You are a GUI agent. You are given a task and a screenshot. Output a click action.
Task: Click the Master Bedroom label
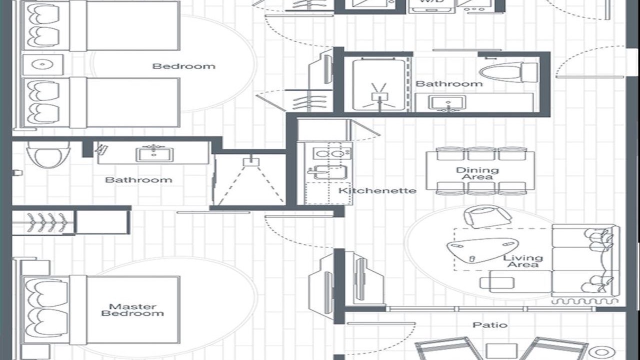pyautogui.click(x=132, y=310)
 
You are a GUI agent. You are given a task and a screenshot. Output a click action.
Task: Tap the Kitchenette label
pyautogui.click(x=377, y=190)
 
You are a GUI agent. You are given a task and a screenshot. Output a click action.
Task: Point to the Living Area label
pyautogui.click(x=523, y=261)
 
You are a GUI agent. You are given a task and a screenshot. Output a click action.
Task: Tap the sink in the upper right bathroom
pyautogui.click(x=447, y=103)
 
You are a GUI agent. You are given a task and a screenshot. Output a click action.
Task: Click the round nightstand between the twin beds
pyautogui.click(x=42, y=65)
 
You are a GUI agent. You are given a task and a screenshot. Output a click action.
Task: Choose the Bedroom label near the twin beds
pyautogui.click(x=183, y=66)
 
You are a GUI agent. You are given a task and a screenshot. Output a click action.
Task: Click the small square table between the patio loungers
pyautogui.click(x=500, y=350)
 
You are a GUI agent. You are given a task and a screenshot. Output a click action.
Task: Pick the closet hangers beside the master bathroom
pyautogui.click(x=47, y=221)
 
